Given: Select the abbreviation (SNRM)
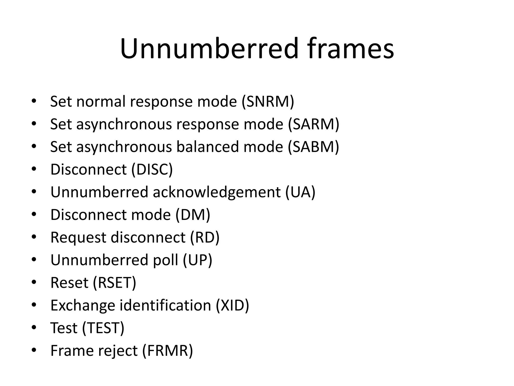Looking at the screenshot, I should [x=268, y=102].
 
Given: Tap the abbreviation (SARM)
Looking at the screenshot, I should [x=313, y=124].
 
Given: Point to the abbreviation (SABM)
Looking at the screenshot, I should [x=313, y=147].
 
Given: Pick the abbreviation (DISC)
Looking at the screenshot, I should [x=152, y=170].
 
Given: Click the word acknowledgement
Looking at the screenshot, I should [x=217, y=192].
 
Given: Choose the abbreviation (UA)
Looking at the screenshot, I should [x=300, y=192].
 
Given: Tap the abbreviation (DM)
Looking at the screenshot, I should [x=193, y=215].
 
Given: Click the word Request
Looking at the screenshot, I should [x=78, y=238].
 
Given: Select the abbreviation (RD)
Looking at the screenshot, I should [x=205, y=238].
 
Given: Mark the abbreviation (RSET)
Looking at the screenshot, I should [x=114, y=283].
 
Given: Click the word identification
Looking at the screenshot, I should [x=165, y=306].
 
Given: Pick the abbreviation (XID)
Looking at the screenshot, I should [x=232, y=306].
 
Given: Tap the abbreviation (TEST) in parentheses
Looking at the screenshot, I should [x=103, y=328].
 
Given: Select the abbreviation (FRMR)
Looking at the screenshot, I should [x=167, y=351].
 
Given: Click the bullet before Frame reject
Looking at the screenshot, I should [x=34, y=350].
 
